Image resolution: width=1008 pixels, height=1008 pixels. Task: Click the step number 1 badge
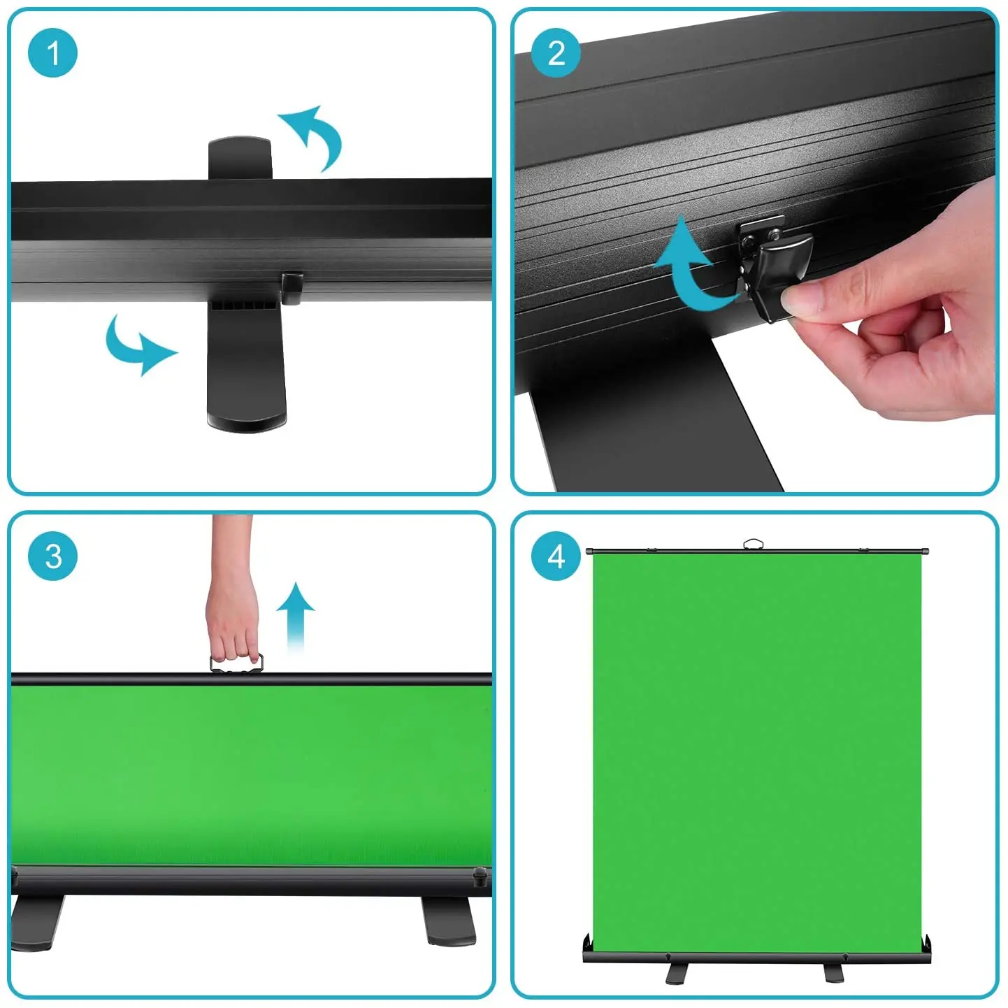pyautogui.click(x=52, y=53)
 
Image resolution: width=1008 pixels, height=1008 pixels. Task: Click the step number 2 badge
pyautogui.click(x=556, y=53)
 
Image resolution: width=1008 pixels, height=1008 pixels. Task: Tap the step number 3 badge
pyautogui.click(x=52, y=556)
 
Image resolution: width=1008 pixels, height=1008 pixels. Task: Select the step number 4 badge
pyautogui.click(x=556, y=556)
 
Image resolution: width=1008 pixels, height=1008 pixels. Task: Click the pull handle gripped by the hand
pyautogui.click(x=237, y=664)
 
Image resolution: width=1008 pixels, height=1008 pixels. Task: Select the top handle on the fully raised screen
pyautogui.click(x=753, y=544)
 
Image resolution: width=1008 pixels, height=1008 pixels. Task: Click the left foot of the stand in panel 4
pyautogui.click(x=677, y=972)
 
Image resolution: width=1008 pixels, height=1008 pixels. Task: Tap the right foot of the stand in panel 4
pyautogui.click(x=833, y=972)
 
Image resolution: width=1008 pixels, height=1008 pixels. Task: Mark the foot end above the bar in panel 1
pyautogui.click(x=240, y=157)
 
